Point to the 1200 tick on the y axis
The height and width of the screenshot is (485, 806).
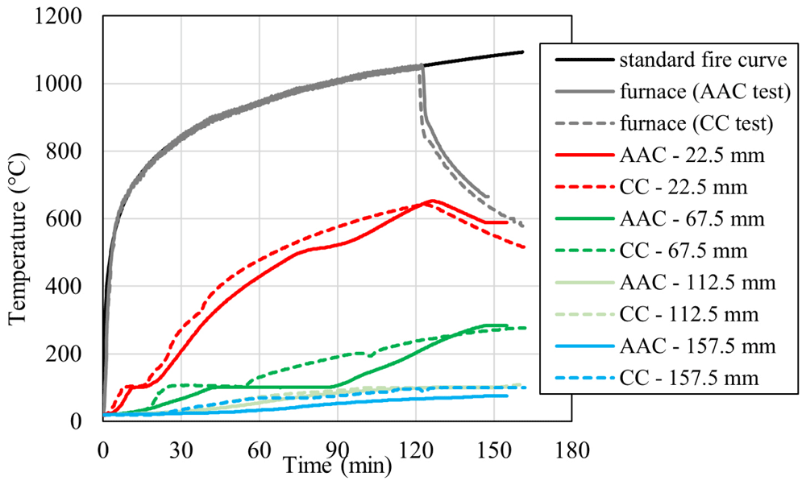pyautogui.click(x=57, y=16)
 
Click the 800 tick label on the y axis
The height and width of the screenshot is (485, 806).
pyautogui.click(x=64, y=151)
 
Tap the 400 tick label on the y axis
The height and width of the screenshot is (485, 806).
pyautogui.click(x=64, y=286)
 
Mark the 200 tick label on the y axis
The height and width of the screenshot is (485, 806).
pyautogui.click(x=64, y=354)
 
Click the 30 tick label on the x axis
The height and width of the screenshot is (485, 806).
pyautogui.click(x=181, y=450)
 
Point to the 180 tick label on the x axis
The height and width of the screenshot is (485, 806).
pyautogui.click(x=571, y=450)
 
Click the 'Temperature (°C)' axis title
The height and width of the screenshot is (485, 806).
pyautogui.click(x=18, y=239)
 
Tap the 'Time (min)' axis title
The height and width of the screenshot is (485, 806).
pyautogui.click(x=338, y=466)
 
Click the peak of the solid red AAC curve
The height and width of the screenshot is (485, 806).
pyautogui.click(x=431, y=201)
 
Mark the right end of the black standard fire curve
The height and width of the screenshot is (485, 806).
pyautogui.click(x=522, y=52)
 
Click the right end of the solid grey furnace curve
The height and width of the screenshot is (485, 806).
pyautogui.click(x=488, y=197)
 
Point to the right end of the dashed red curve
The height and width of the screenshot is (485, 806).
pyautogui.click(x=524, y=247)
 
